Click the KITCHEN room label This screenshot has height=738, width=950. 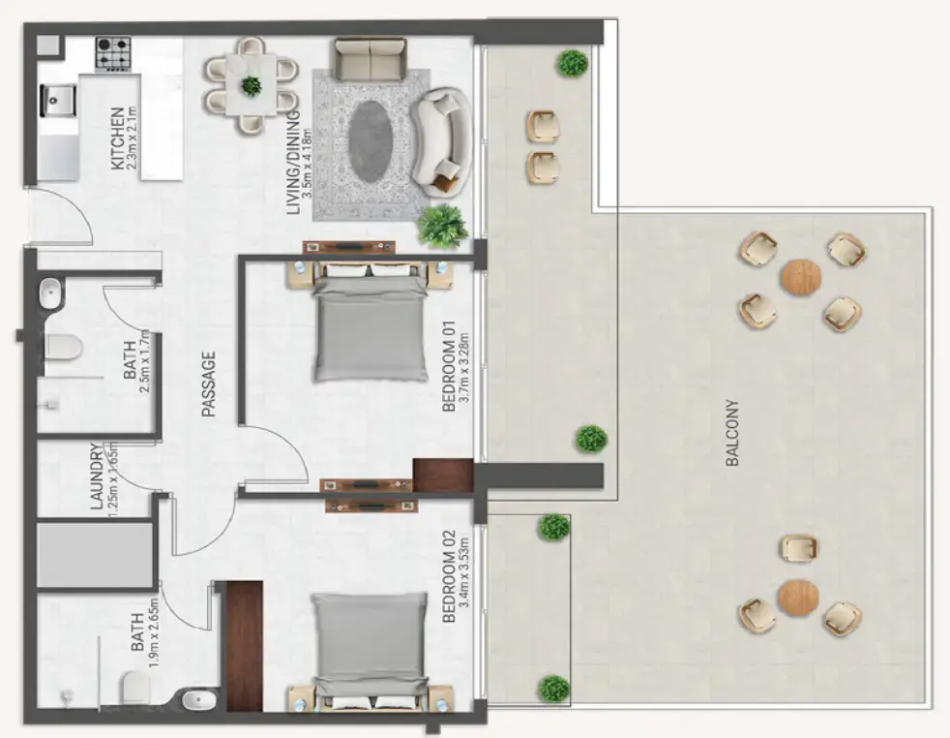click(x=117, y=138)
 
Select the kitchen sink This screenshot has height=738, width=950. click(x=57, y=100)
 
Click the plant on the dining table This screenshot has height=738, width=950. click(x=252, y=85)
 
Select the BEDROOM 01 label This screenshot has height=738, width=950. click(x=448, y=371)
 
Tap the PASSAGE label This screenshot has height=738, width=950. click(x=206, y=384)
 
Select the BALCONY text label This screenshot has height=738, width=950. click(x=732, y=434)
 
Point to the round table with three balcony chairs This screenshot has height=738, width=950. click(x=798, y=597)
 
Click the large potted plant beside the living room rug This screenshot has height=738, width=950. click(x=442, y=226)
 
